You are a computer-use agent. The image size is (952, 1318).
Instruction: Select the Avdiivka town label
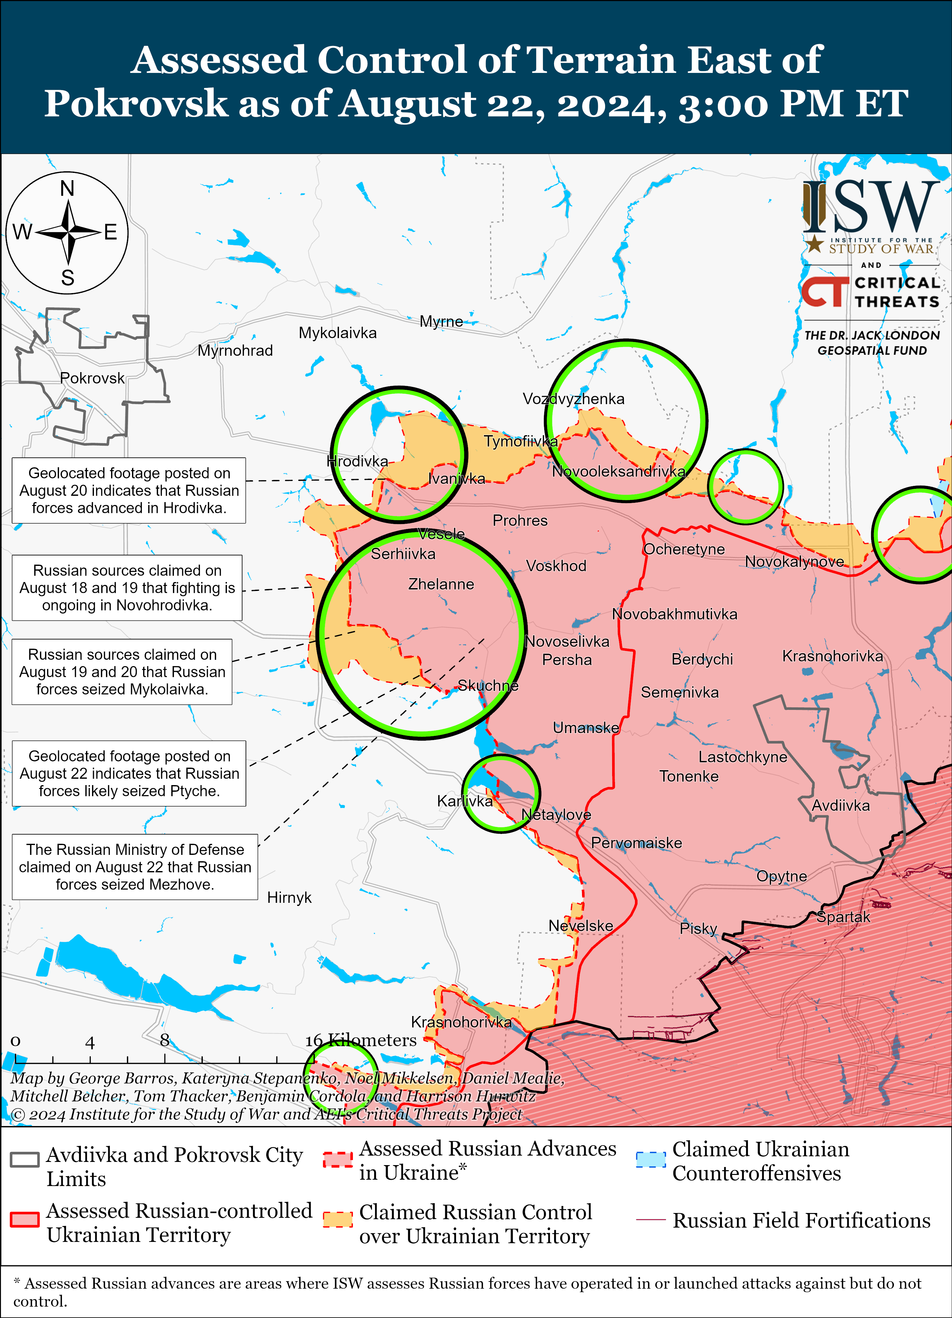(x=840, y=805)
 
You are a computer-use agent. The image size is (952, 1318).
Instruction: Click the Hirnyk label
(x=289, y=898)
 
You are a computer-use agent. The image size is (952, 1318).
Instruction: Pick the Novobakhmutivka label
(x=674, y=614)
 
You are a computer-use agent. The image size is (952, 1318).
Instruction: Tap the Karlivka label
(x=464, y=801)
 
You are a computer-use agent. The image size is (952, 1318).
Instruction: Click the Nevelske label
(x=581, y=926)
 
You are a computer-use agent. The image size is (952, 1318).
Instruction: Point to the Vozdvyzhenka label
(x=573, y=399)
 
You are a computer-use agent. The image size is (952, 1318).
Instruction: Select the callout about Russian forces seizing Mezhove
(x=135, y=867)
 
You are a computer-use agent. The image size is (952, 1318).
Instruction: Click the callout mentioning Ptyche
(x=129, y=773)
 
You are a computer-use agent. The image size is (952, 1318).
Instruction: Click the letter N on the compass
(x=67, y=188)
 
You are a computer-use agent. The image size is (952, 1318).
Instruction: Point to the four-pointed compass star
(x=68, y=233)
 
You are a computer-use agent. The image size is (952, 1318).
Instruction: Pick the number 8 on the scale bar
(x=164, y=1040)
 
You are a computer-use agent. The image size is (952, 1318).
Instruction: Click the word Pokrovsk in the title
(x=136, y=103)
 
